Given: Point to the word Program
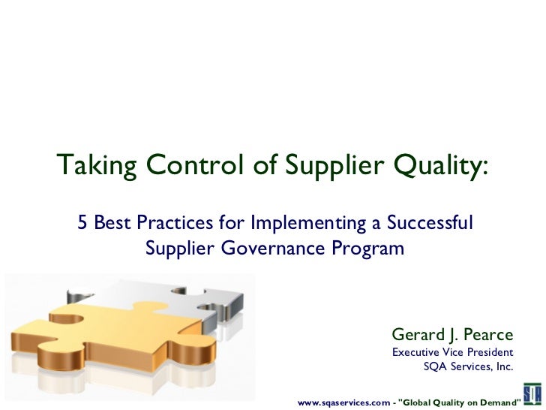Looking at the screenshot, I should [370, 249].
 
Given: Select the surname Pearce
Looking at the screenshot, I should [488, 334].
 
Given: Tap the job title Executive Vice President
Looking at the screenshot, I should [453, 352].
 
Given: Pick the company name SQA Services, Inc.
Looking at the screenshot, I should [468, 367].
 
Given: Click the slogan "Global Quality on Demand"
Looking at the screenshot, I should [459, 402].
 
